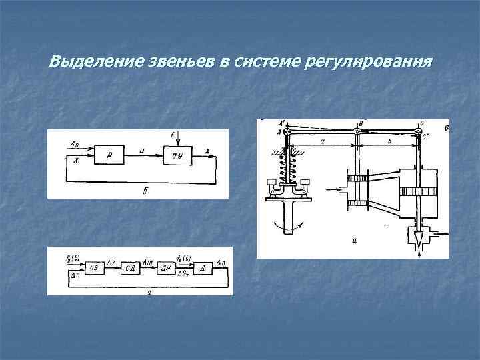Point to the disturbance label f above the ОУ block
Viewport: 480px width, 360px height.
click(172, 135)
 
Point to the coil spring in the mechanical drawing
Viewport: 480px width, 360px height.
click(288, 167)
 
